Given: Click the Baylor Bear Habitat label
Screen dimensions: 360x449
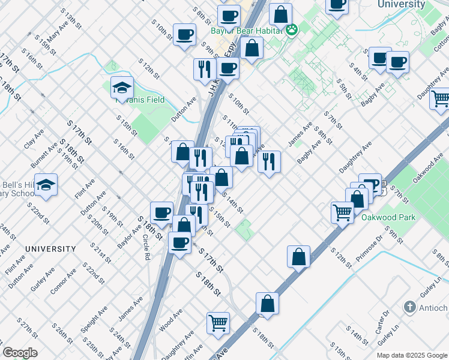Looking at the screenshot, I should pos(246,31).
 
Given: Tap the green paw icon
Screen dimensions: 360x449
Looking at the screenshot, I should pos(292,30).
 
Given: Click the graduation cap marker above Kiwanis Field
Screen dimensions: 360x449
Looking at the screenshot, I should pos(122,88).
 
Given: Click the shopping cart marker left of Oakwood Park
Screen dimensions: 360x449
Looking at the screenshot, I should pos(342,212).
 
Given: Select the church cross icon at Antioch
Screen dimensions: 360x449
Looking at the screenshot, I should pos(409,308).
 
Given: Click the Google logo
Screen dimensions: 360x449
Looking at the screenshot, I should pos(20,353).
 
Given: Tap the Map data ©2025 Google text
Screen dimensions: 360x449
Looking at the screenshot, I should pos(412,355).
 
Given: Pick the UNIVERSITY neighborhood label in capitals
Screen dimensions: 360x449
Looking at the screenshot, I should pos(50,248).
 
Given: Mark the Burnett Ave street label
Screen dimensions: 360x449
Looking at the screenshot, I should pos(44,155).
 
